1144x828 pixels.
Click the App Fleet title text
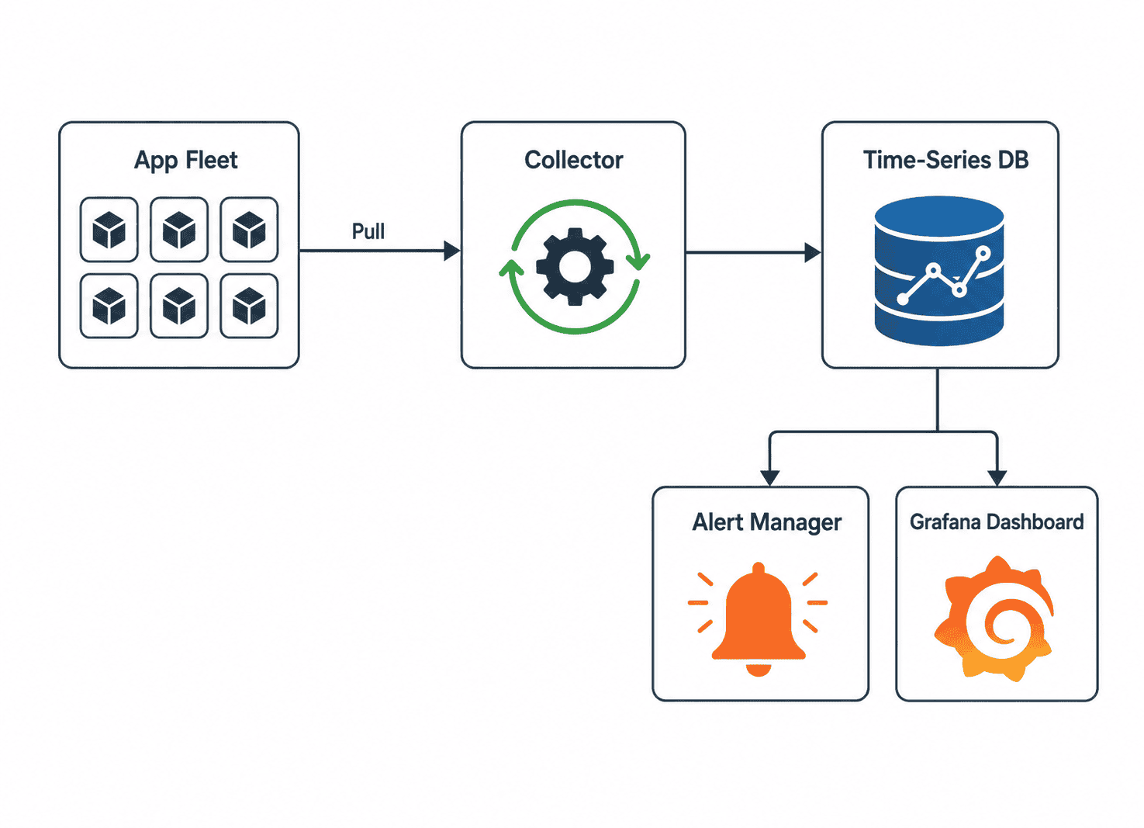click(x=185, y=161)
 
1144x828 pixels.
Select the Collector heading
click(x=573, y=160)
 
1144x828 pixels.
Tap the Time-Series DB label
click(x=946, y=160)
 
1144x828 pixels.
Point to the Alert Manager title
click(x=766, y=522)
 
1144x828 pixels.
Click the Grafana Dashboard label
click(x=997, y=521)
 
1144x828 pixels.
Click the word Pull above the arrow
click(x=368, y=231)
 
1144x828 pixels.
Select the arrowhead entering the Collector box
click(x=452, y=251)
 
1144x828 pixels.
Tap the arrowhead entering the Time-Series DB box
click(x=813, y=252)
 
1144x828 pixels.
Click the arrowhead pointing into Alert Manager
click(x=769, y=478)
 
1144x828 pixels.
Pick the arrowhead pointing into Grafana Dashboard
click(x=997, y=478)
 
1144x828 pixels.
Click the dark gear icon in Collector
click(x=575, y=267)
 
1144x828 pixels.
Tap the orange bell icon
click(x=759, y=619)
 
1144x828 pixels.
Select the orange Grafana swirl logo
click(x=994, y=619)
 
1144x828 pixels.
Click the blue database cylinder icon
click(x=939, y=271)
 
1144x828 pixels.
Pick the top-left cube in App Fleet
click(x=109, y=230)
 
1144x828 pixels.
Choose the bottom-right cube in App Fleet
click(x=249, y=306)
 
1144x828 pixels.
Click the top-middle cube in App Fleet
click(x=178, y=230)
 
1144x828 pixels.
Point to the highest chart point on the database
click(x=983, y=253)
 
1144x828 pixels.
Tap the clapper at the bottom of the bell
click(x=759, y=670)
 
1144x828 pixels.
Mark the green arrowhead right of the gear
click(x=638, y=262)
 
